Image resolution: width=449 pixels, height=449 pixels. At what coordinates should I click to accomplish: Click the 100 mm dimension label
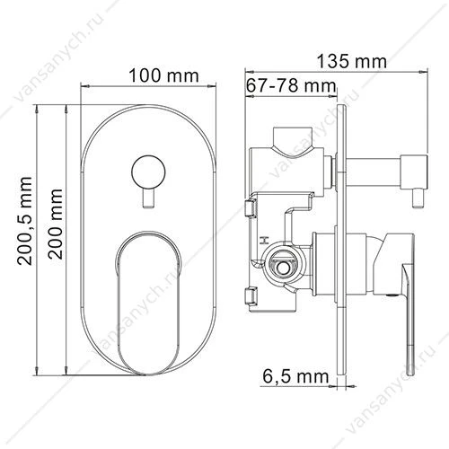(163, 76)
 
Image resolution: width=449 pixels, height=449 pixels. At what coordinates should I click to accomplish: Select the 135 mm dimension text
(352, 61)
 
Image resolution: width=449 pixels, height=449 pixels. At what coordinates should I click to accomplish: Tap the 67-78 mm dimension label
(291, 86)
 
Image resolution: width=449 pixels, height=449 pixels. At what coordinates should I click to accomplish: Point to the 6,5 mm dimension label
(295, 376)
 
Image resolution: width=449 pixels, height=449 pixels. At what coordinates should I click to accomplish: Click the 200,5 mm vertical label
(24, 221)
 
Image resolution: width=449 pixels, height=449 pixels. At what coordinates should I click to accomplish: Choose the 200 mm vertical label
(56, 224)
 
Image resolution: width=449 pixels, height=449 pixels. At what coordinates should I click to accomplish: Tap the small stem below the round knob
(148, 198)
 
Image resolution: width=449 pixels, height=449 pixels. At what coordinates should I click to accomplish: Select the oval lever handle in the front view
(149, 303)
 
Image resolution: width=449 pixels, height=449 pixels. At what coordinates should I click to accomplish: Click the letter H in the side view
(264, 240)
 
